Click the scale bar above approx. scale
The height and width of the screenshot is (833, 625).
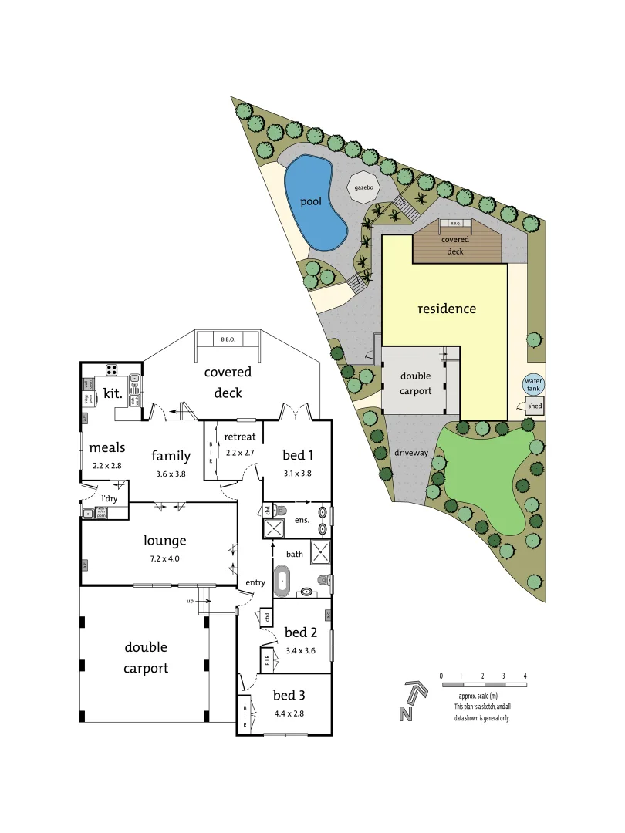click(x=483, y=685)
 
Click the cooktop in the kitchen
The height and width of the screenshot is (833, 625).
click(x=112, y=369)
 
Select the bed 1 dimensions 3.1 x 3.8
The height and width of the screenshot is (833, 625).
click(x=297, y=473)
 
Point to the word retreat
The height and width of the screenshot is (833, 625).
click(x=240, y=437)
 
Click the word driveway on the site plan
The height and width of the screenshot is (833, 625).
click(x=410, y=453)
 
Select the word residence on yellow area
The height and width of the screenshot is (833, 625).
click(x=447, y=309)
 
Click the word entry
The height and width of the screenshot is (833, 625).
click(x=255, y=582)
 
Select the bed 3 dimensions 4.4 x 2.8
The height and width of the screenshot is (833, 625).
click(x=289, y=713)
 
